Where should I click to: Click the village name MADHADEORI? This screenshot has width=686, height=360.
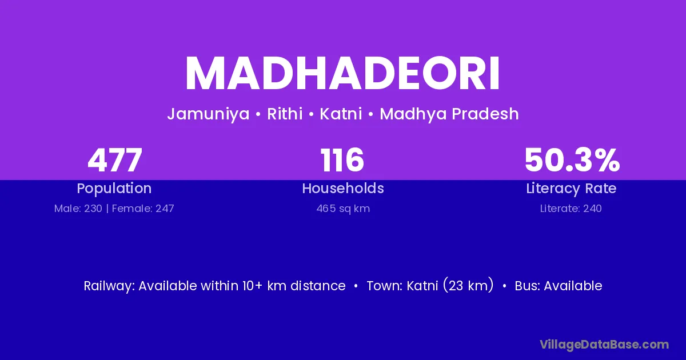coord(342,74)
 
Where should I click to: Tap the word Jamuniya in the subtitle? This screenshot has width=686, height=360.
coord(208,114)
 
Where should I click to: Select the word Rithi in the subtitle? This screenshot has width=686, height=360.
coord(285,114)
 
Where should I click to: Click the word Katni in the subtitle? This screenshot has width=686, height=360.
coord(341,114)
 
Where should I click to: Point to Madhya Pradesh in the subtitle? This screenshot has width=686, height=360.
coord(449,114)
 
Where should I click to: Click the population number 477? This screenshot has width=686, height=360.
coord(115,160)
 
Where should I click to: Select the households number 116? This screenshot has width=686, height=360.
coord(342,160)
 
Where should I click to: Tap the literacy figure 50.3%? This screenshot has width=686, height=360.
coord(572,160)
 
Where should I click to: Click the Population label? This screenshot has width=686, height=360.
coord(114,189)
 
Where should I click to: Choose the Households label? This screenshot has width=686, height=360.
coord(343,188)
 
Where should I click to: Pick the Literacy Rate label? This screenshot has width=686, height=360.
coord(571,189)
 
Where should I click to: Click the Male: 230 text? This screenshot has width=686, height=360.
coord(78,209)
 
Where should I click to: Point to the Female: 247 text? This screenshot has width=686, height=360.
coord(143,209)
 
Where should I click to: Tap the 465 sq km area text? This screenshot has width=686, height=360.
coord(343,209)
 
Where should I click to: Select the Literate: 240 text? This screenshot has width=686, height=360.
coord(571,209)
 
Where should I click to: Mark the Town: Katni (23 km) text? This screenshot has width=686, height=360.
coord(430,285)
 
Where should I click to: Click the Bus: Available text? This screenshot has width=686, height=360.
coord(559,286)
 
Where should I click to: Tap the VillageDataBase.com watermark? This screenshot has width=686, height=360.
coord(604,345)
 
